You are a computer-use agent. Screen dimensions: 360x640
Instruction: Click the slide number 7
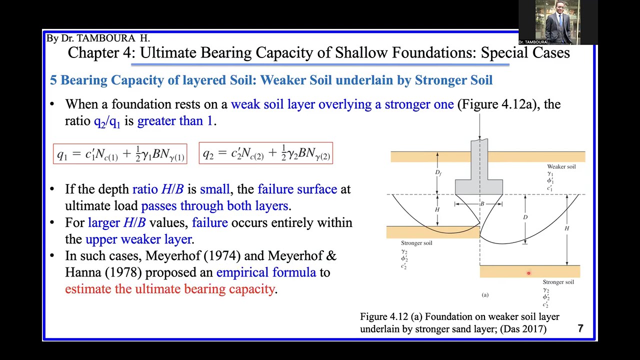pyautogui.click(x=580, y=328)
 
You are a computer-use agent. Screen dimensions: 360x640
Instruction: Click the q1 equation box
pyautogui.click(x=120, y=153)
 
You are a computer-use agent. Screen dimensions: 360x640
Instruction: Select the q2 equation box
pyautogui.click(x=265, y=153)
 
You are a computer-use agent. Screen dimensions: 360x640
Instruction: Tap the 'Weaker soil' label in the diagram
pyautogui.click(x=561, y=166)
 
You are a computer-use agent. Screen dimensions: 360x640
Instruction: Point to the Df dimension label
pyautogui.click(x=438, y=172)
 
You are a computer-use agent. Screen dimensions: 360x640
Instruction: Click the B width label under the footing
pyautogui.click(x=482, y=204)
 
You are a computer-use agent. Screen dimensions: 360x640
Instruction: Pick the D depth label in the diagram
pyautogui.click(x=525, y=217)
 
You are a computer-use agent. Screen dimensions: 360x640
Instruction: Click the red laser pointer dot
pyautogui.click(x=528, y=273)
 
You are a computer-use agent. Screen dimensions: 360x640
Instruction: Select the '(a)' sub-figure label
pyautogui.click(x=485, y=295)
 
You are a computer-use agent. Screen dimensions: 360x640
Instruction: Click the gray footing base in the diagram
pyautogui.click(x=478, y=187)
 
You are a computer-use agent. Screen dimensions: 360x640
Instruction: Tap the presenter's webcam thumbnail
pyautogui.click(x=557, y=22)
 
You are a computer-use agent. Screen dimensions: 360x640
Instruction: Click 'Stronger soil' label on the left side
pyautogui.click(x=416, y=243)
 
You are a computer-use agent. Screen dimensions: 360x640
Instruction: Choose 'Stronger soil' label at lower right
pyautogui.click(x=558, y=282)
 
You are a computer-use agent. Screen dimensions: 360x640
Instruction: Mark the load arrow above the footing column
pyautogui.click(x=479, y=127)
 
